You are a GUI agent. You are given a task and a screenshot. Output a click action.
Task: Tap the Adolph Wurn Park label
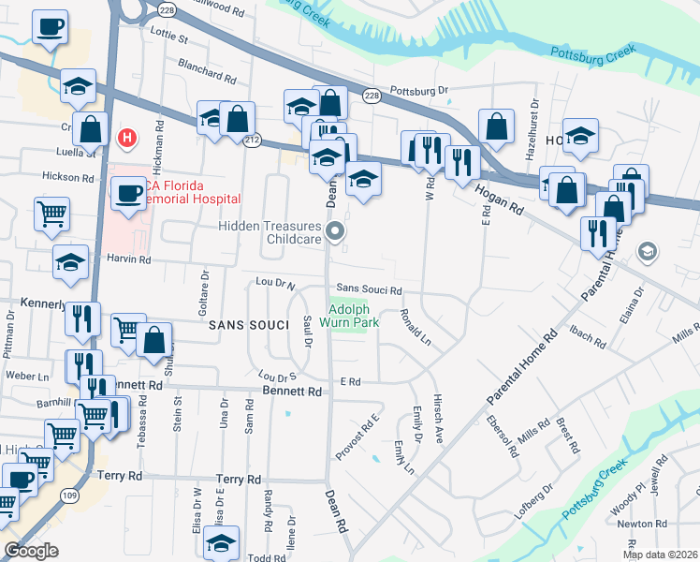click(352, 318)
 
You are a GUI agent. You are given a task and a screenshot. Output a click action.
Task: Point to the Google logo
click(31, 551)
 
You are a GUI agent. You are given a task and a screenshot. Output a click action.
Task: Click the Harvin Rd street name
click(126, 259)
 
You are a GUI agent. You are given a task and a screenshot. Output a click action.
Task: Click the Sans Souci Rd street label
click(370, 290)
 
